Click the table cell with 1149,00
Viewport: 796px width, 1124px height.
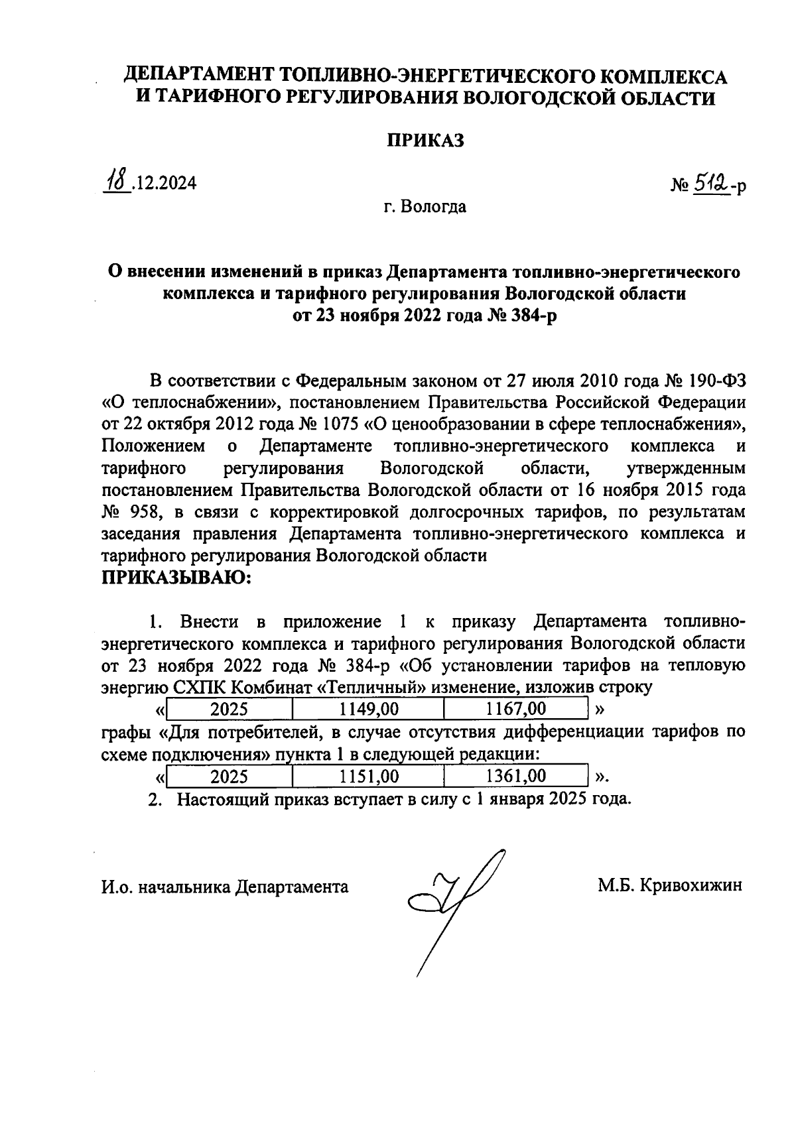pyautogui.click(x=368, y=709)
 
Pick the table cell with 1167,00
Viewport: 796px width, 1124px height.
pyautogui.click(x=515, y=709)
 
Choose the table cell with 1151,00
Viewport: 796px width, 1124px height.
pyautogui.click(x=368, y=776)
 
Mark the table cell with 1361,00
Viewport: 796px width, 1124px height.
pyautogui.click(x=515, y=776)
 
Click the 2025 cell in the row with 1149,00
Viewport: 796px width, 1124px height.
pyautogui.click(x=229, y=709)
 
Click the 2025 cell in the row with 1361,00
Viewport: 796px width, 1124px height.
pyautogui.click(x=229, y=776)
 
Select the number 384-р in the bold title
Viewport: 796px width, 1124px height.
pyautogui.click(x=529, y=316)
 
